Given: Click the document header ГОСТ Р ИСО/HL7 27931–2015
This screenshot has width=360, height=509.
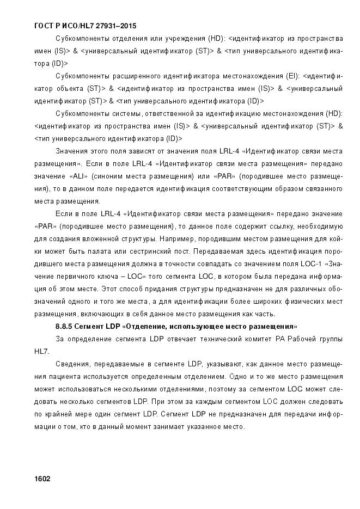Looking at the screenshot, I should pyautogui.click(x=85, y=26).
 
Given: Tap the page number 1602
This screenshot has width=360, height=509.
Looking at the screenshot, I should pyautogui.click(x=42, y=479).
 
